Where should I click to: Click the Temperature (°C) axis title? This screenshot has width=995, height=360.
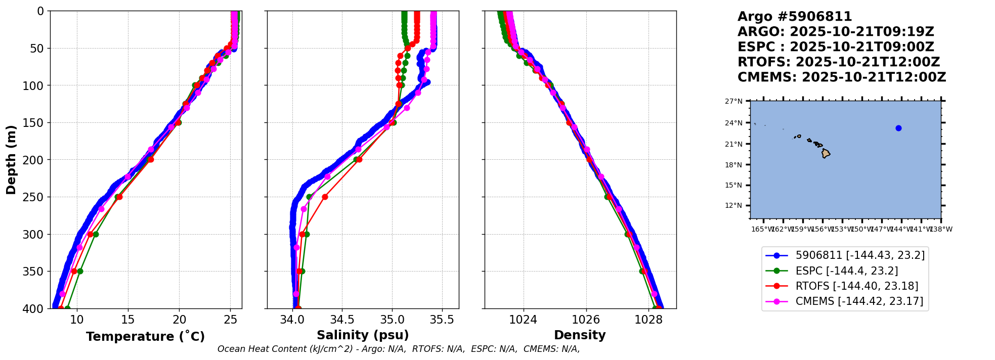coord(145,336)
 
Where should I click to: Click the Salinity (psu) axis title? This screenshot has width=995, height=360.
coord(363,335)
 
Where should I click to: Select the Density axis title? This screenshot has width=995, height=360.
coord(580,335)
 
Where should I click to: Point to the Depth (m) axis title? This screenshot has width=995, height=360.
coord(11,159)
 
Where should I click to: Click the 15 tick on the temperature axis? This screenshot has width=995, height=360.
coord(128,320)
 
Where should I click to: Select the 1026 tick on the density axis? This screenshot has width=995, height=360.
coord(586,320)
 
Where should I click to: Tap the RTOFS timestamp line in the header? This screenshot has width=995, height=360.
coord(838,62)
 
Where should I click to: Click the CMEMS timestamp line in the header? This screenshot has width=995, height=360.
coord(841,77)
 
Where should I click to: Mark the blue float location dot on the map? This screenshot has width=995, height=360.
coord(898,128)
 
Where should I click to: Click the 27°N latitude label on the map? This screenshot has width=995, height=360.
coord(733,101)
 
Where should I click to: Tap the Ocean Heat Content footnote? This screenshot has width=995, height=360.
coord(398,349)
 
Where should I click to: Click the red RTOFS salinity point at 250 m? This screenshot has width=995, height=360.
coord(325,197)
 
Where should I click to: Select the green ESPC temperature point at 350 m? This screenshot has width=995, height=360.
coord(80,271)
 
